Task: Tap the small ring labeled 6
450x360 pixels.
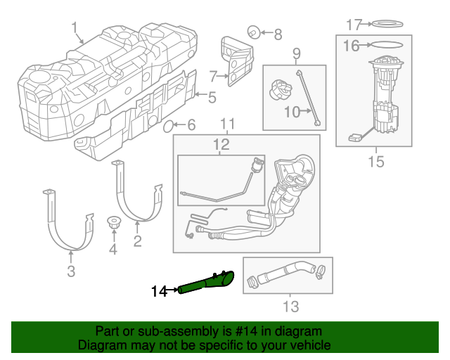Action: [169, 127]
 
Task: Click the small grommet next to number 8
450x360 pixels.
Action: [252, 32]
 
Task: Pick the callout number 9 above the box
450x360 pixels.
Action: [296, 53]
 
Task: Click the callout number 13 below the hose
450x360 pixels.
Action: [290, 307]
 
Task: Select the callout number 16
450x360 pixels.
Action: [352, 46]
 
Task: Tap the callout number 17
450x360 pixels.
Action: [354, 25]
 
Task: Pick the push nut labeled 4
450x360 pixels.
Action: [112, 223]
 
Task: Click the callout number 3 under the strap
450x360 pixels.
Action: [71, 271]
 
